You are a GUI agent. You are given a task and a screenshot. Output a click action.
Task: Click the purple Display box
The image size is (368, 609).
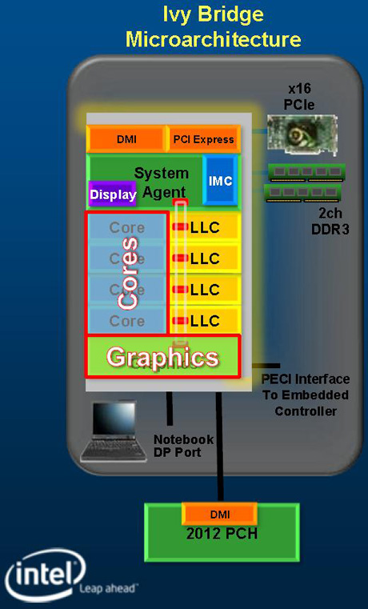click(113, 194)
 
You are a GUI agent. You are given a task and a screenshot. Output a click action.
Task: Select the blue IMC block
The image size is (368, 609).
click(220, 180)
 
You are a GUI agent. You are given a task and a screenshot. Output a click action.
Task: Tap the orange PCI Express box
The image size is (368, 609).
click(203, 139)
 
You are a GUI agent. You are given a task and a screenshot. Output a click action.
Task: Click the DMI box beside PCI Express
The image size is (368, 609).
click(126, 139)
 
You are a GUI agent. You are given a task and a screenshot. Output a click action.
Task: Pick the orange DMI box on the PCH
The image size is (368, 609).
click(220, 515)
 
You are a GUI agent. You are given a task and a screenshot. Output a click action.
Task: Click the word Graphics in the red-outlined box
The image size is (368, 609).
click(162, 357)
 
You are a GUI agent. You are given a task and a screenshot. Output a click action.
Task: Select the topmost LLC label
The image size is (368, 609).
click(205, 227)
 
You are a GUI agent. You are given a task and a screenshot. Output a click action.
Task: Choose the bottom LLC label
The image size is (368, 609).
click(205, 321)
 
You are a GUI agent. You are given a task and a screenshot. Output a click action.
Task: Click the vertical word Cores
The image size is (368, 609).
click(128, 273)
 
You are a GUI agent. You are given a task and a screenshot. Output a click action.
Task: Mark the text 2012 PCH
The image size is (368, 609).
click(222, 534)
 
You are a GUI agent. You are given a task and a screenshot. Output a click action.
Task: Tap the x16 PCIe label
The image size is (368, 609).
click(299, 96)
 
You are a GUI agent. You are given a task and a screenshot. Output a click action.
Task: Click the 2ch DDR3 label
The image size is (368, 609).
click(330, 222)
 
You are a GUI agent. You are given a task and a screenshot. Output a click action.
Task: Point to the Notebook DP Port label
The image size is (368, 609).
click(184, 446)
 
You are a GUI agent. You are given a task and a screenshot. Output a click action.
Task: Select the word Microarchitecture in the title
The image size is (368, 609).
click(213, 40)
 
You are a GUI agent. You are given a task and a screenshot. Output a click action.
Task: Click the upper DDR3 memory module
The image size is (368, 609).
click(306, 172)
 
